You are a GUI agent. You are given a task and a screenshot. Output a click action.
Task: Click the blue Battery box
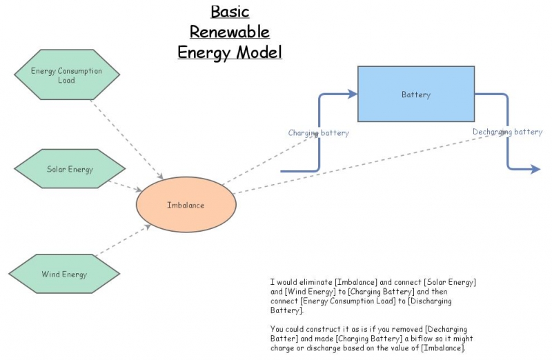click(x=415, y=94)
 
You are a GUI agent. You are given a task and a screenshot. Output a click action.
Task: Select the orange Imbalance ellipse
click(x=186, y=205)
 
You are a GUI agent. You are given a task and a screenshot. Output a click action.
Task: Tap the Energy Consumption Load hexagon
click(x=66, y=75)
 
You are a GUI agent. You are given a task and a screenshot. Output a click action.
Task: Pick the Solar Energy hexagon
click(x=70, y=169)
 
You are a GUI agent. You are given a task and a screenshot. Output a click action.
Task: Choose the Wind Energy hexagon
click(x=64, y=274)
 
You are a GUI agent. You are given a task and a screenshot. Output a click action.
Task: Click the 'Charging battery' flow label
click(x=318, y=133)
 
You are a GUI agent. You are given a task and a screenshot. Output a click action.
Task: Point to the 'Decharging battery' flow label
click(x=507, y=132)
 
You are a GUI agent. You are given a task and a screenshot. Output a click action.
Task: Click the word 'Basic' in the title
click(x=230, y=12)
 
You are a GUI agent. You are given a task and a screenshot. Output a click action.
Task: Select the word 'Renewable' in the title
click(x=230, y=32)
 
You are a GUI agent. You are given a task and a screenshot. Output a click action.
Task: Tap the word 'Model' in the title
click(x=259, y=52)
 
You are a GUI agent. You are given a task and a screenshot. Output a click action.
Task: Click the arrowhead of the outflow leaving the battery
click(x=535, y=169)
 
